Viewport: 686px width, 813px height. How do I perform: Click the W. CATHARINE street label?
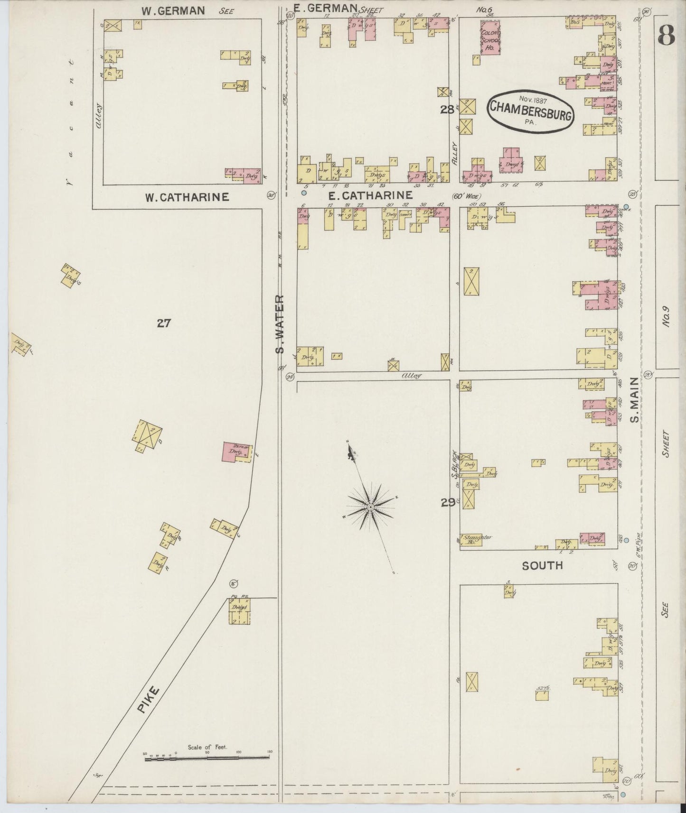[187, 197]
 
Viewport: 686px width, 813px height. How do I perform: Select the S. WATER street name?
[280, 324]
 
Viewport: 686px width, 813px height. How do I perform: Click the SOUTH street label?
[542, 565]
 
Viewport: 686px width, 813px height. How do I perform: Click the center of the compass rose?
[370, 508]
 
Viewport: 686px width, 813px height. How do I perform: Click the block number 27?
[164, 323]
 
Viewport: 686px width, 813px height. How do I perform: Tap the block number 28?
[446, 110]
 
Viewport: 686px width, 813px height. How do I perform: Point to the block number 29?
[447, 503]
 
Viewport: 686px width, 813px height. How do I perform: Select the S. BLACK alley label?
[454, 464]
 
